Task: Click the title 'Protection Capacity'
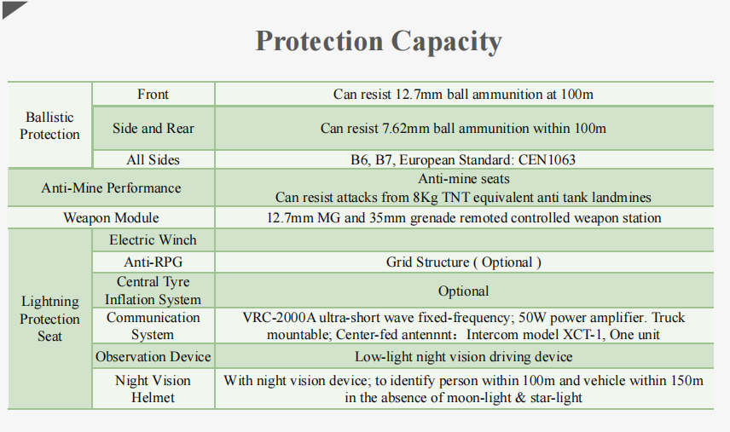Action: (x=379, y=42)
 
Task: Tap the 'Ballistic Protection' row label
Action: (x=49, y=125)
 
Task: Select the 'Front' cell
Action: (x=153, y=95)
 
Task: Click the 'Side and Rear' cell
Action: (x=154, y=129)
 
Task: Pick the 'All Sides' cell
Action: (x=153, y=160)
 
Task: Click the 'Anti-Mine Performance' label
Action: (x=111, y=187)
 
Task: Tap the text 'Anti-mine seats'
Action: (x=464, y=179)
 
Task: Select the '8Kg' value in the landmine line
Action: (x=426, y=197)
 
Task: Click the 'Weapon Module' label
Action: (x=111, y=217)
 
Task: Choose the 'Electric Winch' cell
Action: (x=154, y=240)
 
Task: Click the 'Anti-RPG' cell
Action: (x=154, y=262)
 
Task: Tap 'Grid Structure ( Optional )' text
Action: (x=463, y=262)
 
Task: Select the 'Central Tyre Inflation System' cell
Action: (x=154, y=291)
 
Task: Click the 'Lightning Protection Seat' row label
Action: (x=49, y=319)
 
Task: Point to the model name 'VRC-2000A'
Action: (x=280, y=318)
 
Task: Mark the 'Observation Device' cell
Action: (x=154, y=357)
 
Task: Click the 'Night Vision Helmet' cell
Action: (x=153, y=389)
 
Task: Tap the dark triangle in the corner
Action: (x=12, y=8)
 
